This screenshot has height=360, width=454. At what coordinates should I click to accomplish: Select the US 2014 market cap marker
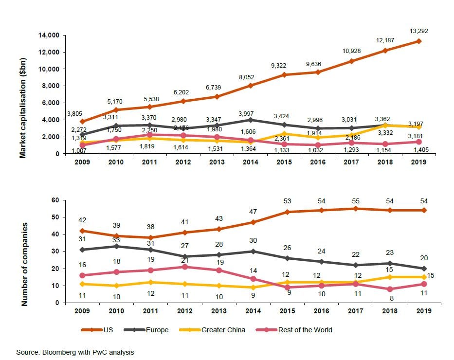(251, 86)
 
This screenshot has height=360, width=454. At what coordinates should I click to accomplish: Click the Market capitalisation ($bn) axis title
(22, 108)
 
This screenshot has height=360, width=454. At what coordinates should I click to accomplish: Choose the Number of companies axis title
(24, 265)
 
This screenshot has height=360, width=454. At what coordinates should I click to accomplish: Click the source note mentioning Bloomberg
(75, 352)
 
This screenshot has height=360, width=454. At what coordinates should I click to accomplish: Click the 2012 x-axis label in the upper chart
(183, 162)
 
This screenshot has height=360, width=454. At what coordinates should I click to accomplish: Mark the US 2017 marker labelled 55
(351, 209)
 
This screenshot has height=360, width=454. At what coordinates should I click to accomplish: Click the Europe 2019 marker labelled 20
(418, 268)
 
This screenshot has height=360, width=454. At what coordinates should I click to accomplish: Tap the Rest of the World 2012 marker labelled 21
(183, 267)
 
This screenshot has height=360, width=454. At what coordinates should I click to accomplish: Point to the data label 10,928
(351, 51)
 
